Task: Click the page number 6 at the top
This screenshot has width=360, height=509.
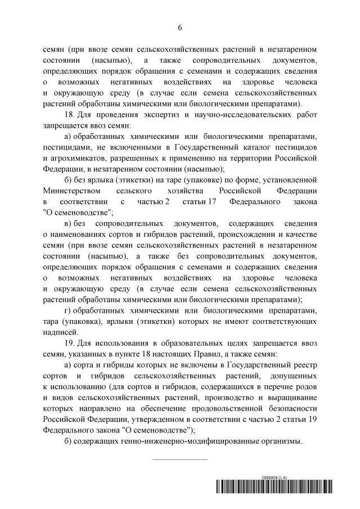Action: (180, 26)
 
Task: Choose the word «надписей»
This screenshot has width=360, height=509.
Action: (60, 332)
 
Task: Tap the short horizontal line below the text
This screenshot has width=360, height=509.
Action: (180, 460)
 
